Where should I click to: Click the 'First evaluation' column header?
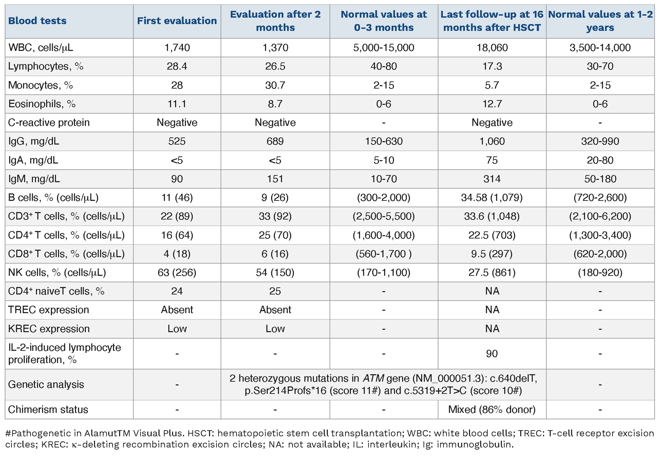point(177,21)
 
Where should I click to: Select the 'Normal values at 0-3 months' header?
point(384,21)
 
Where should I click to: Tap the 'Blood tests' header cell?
point(37,21)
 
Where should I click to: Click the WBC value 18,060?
point(492,48)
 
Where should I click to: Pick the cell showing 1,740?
point(177,48)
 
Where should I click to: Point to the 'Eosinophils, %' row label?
point(42,104)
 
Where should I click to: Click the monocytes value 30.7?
point(275,85)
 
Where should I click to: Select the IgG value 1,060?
point(492,141)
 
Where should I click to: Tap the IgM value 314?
point(492,179)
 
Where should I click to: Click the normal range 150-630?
point(384,141)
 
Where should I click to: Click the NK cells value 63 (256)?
point(177,273)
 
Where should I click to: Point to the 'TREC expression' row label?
point(49,310)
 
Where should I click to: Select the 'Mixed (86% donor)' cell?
point(492,410)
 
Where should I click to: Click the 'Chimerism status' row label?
point(48,410)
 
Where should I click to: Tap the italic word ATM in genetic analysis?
point(373,378)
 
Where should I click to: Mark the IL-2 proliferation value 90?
point(492,354)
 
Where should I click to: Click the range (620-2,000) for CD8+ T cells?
point(600,254)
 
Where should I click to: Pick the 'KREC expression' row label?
point(49,329)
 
